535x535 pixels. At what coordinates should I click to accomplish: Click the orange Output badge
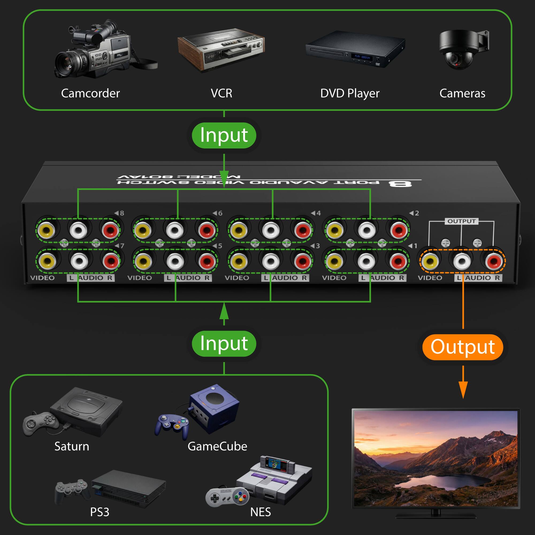[463, 347]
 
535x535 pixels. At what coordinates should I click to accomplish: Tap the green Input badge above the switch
[224, 135]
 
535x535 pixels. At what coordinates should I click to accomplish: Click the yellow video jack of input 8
[47, 230]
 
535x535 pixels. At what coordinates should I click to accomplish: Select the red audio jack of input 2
[399, 230]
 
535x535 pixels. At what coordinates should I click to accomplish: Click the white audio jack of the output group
[462, 261]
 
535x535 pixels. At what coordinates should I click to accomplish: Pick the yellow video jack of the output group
[430, 261]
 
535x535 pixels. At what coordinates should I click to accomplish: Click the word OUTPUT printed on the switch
[461, 221]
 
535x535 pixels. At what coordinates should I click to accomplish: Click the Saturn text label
[72, 446]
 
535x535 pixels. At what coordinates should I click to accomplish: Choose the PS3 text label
[100, 512]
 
